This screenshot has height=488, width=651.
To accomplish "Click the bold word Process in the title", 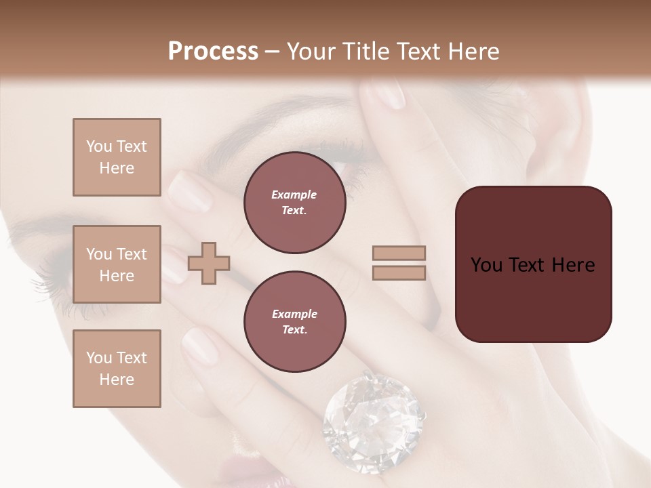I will point(213,52).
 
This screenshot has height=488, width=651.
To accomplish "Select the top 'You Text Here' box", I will point(117,157).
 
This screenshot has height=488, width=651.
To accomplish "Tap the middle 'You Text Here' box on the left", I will point(117,264).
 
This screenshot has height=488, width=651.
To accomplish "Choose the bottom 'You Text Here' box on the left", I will point(117,369).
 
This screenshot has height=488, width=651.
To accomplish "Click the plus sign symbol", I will point(209,263).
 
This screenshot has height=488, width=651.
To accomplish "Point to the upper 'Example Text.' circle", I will point(294,203).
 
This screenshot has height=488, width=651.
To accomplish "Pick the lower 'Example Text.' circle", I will point(294,322).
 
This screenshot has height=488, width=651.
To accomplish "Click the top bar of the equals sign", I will point(399,253).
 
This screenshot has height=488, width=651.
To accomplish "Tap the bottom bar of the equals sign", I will point(399,272).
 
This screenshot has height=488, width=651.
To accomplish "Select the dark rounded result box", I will point(533,264).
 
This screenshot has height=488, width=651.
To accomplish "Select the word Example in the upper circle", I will point(294,195).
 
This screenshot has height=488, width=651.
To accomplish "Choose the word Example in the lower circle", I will point(294,314).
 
